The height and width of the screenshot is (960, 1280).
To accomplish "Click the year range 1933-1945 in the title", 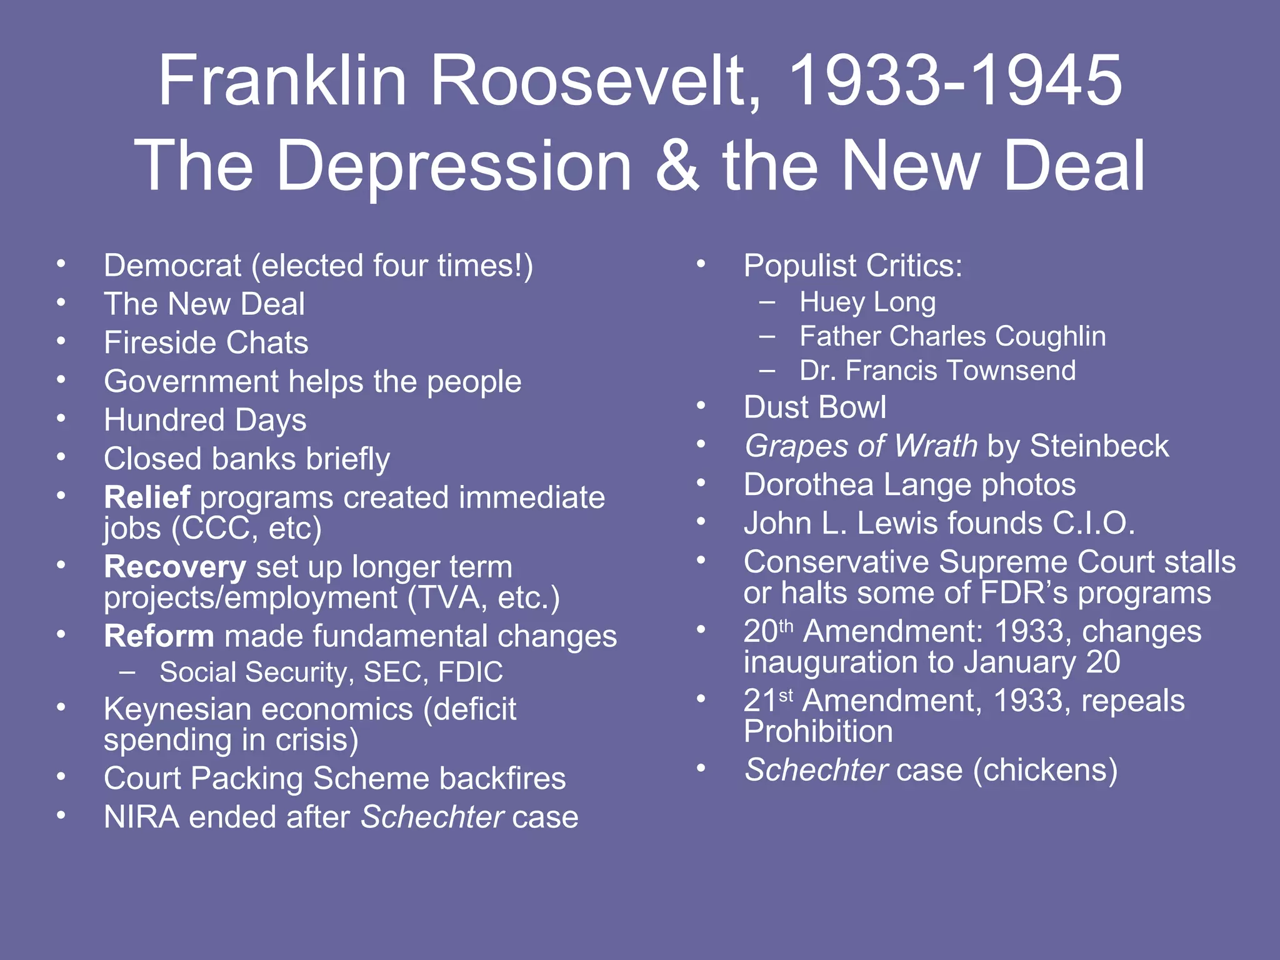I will click(x=955, y=81).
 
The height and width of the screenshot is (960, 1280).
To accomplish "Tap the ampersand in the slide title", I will click(x=677, y=166).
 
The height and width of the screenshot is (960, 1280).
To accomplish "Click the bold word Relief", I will click(x=147, y=497).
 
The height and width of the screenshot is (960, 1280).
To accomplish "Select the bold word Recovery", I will click(x=175, y=567).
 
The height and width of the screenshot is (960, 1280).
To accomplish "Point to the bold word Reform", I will click(x=159, y=636).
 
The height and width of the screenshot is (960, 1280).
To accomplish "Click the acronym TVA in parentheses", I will click(x=452, y=598).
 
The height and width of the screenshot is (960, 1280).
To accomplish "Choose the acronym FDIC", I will click(x=470, y=672).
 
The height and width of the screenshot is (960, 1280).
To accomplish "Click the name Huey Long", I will click(x=867, y=302).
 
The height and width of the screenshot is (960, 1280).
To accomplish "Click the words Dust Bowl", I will click(x=814, y=407).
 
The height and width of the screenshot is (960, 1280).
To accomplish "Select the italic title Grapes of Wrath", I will click(x=861, y=446).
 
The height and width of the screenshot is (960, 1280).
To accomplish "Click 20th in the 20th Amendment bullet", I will click(x=768, y=631).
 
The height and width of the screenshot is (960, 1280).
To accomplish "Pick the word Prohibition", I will click(x=818, y=731).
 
